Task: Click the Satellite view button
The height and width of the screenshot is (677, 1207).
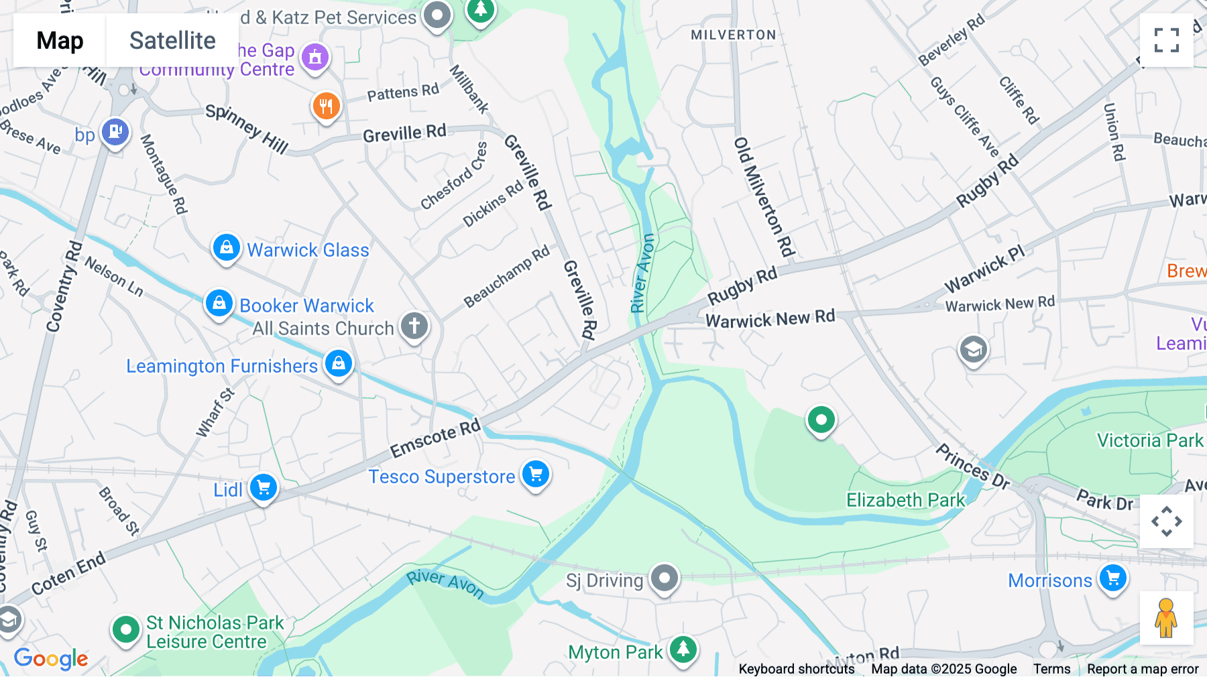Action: pyautogui.click(x=172, y=41)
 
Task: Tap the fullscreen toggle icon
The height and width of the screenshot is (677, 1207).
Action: pyautogui.click(x=1166, y=40)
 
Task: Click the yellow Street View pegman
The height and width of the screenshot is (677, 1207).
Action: pyautogui.click(x=1166, y=618)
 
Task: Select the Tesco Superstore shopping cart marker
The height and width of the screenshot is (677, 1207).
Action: pyautogui.click(x=536, y=475)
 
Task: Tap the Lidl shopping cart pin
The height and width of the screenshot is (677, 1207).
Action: pyautogui.click(x=264, y=487)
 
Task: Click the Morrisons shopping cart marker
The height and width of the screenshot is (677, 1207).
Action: pyautogui.click(x=1113, y=578)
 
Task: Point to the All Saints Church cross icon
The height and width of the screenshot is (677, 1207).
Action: pyautogui.click(x=414, y=326)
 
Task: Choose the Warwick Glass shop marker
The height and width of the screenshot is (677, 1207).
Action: pyautogui.click(x=227, y=248)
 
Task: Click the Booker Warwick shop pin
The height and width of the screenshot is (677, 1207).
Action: pyautogui.click(x=219, y=304)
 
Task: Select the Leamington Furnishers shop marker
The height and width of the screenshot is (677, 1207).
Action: pyautogui.click(x=339, y=364)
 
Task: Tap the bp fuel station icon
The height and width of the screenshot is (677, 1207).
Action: pyautogui.click(x=115, y=132)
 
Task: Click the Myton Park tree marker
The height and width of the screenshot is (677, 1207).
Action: pyautogui.click(x=683, y=649)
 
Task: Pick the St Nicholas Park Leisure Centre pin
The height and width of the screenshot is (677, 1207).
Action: pyautogui.click(x=125, y=630)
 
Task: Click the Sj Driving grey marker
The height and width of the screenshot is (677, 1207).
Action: pyautogui.click(x=665, y=578)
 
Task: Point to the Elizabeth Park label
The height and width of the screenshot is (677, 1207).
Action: pyautogui.click(x=905, y=500)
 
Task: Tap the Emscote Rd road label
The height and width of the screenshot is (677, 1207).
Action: pyautogui.click(x=436, y=438)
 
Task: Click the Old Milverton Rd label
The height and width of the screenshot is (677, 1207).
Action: pyautogui.click(x=764, y=197)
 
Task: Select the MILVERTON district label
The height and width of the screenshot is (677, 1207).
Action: pyautogui.click(x=734, y=35)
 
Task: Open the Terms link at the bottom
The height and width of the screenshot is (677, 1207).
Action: pyautogui.click(x=1051, y=669)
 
